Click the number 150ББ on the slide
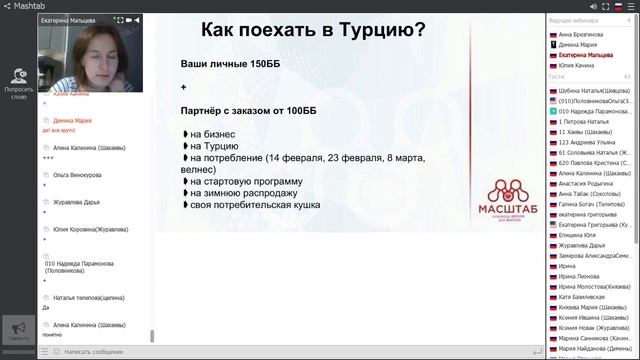(x=259, y=64)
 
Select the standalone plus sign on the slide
(x=184, y=87)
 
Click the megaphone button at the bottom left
(x=18, y=330)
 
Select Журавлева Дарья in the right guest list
(x=582, y=245)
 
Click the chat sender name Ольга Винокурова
(x=77, y=174)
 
